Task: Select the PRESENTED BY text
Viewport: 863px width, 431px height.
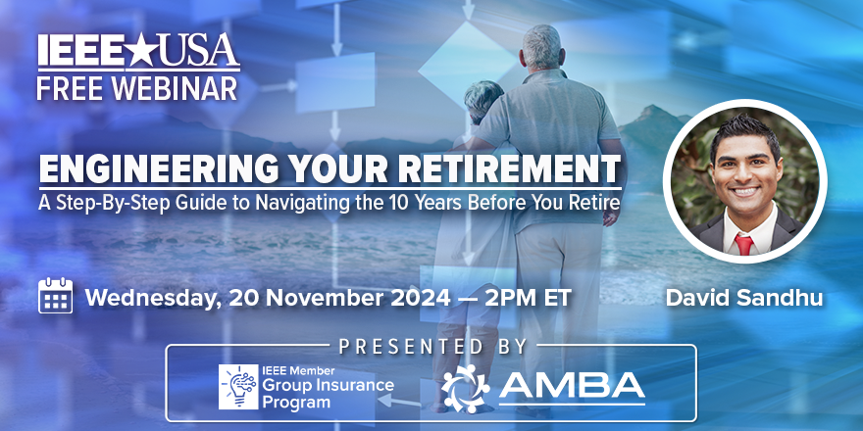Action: coord(431,347)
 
